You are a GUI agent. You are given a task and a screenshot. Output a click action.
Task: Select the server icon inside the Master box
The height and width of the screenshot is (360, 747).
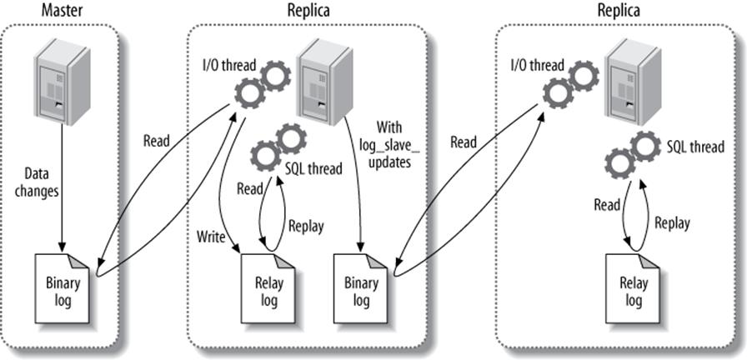coord(62,83)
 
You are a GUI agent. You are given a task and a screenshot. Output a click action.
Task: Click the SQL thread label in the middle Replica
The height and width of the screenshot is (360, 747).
coord(313,169)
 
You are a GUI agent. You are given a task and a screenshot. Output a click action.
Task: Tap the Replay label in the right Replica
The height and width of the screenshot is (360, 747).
coord(671,222)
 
